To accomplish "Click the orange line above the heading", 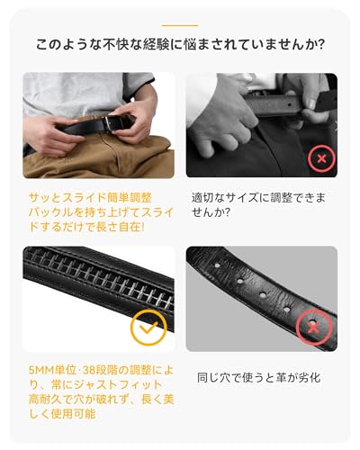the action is (x=180, y=26).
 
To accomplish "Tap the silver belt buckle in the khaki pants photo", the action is (x=113, y=123).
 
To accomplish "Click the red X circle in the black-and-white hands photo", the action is (x=321, y=158).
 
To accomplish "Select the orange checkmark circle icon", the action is (x=148, y=328).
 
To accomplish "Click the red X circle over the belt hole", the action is (x=314, y=328).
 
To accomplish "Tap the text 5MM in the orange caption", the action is (x=41, y=370).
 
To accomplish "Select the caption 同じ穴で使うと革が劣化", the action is (x=259, y=377).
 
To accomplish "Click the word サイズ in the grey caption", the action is (x=242, y=198).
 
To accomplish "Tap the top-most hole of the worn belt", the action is (x=217, y=265).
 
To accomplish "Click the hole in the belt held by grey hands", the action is (x=290, y=105).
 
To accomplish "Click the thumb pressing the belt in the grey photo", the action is (x=309, y=112).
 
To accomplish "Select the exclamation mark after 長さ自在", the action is (x=142, y=227).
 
